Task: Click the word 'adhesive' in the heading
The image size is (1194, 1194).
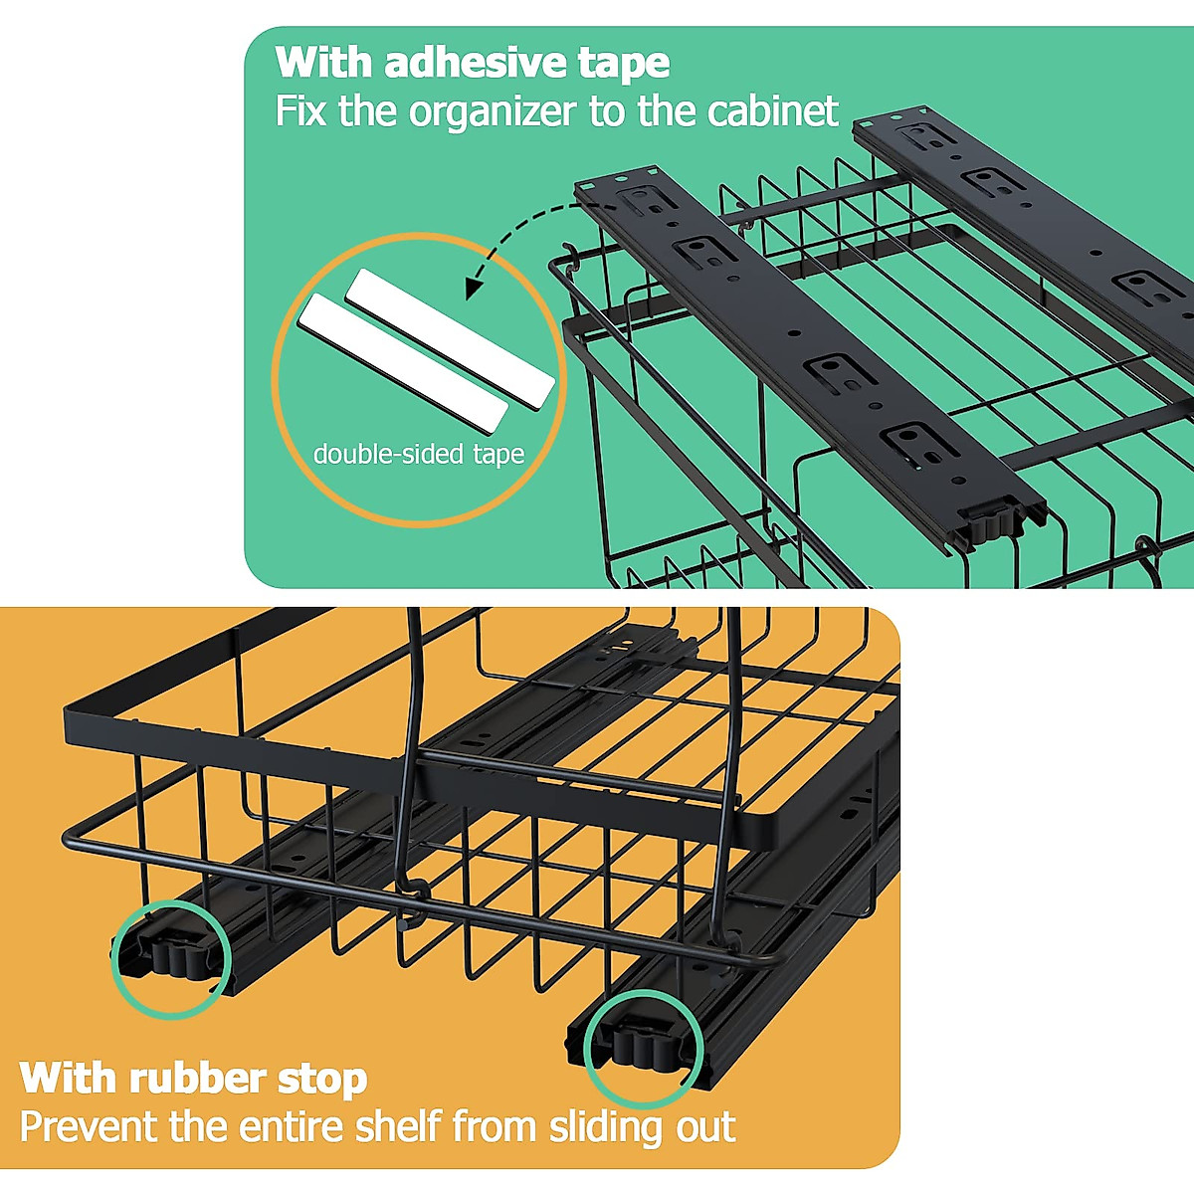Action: click(x=475, y=63)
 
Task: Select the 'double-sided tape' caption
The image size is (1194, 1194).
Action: click(x=418, y=455)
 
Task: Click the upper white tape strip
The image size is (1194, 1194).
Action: click(x=450, y=338)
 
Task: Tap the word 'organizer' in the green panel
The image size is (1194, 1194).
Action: click(x=493, y=111)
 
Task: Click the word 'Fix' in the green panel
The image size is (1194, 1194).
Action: click(x=300, y=110)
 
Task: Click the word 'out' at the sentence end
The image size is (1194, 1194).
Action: click(x=702, y=1127)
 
